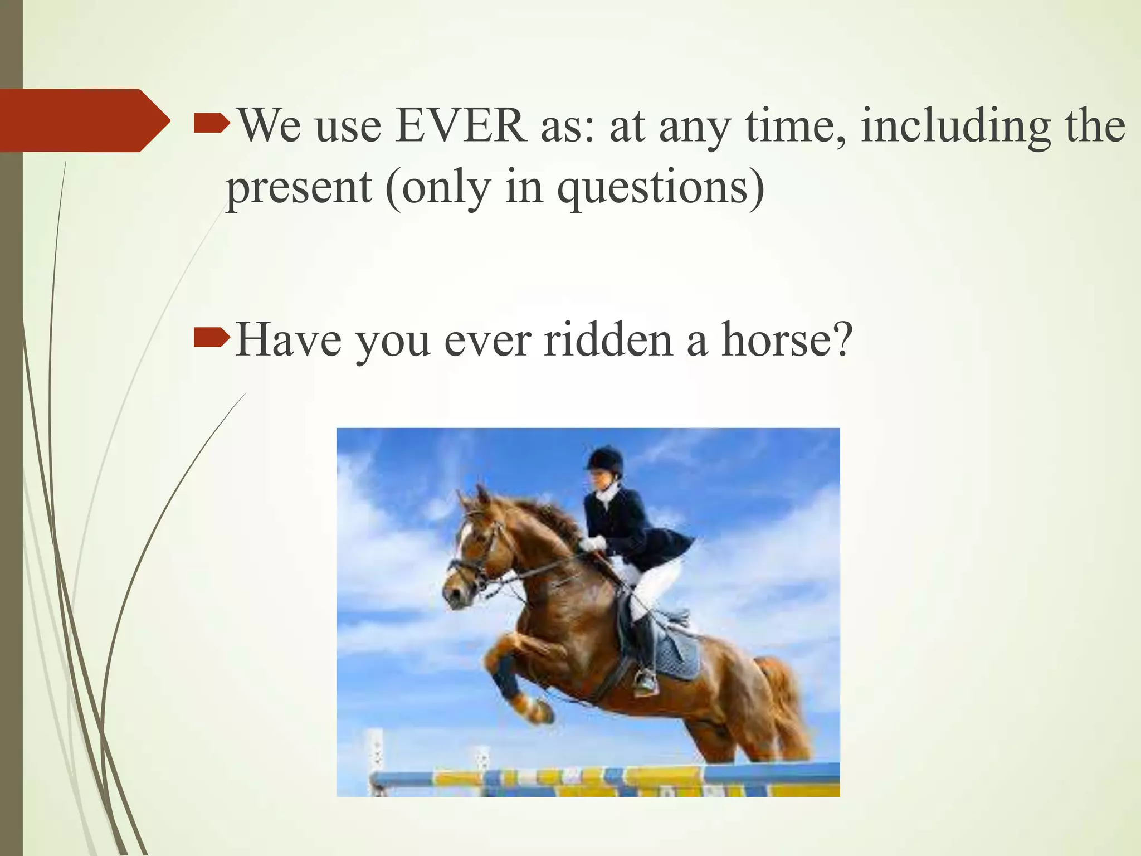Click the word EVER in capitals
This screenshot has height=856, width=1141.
[x=461, y=126]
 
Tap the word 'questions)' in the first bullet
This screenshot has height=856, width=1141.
[x=661, y=187]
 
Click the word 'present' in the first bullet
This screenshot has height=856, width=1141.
[x=299, y=188]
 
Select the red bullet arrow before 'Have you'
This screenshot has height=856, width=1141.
[x=211, y=337]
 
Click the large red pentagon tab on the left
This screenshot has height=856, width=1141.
[x=78, y=120]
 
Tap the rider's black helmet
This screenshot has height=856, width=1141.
[x=606, y=459]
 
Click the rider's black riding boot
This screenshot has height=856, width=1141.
[x=645, y=646]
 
